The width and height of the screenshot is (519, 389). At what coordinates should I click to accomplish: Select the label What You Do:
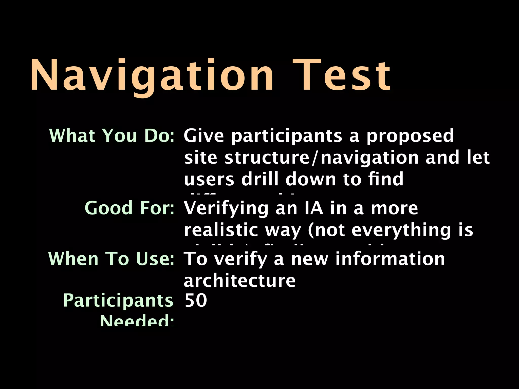112,136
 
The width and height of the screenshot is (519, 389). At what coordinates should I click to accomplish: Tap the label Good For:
129,208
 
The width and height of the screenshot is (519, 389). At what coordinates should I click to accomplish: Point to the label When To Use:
111,259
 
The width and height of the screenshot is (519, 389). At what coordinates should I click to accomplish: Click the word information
390,259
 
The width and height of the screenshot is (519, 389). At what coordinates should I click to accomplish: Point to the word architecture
239,281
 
